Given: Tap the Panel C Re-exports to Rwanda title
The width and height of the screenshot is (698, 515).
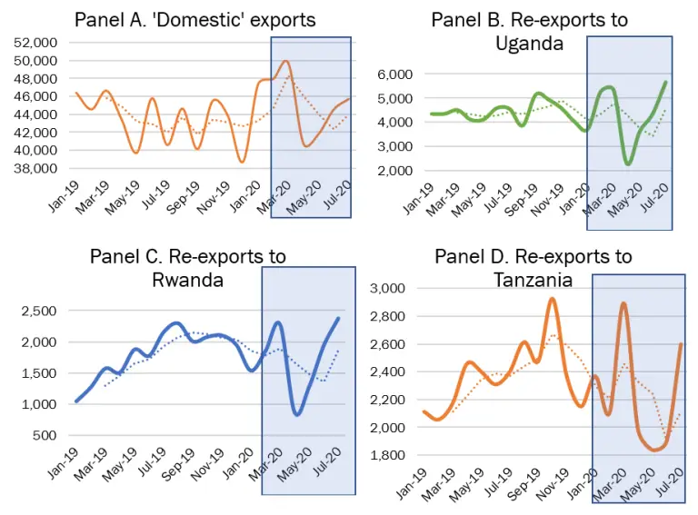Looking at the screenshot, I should point(187,267).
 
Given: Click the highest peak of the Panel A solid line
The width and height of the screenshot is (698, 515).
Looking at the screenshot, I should point(286,62).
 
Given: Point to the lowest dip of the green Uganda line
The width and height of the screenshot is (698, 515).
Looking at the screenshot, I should point(628,163).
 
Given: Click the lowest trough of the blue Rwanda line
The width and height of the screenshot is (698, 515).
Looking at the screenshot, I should point(297,414).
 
